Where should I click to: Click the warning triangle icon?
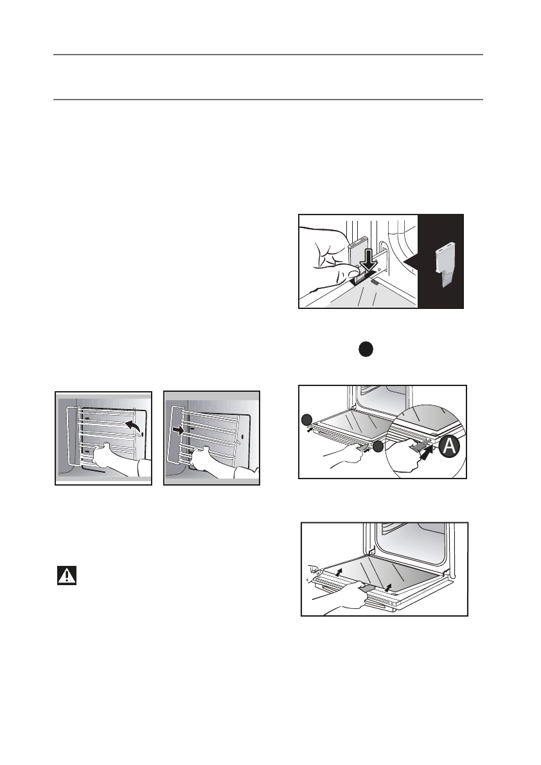click(x=66, y=575)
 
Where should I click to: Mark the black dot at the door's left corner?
click(x=306, y=420)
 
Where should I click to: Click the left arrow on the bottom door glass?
click(x=339, y=570)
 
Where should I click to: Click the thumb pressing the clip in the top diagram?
click(x=335, y=276)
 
